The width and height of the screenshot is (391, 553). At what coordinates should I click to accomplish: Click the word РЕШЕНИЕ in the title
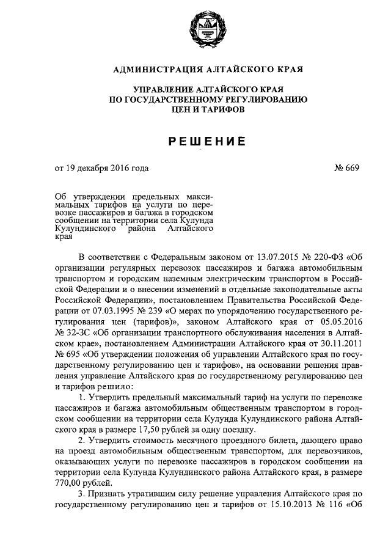point(206,142)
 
